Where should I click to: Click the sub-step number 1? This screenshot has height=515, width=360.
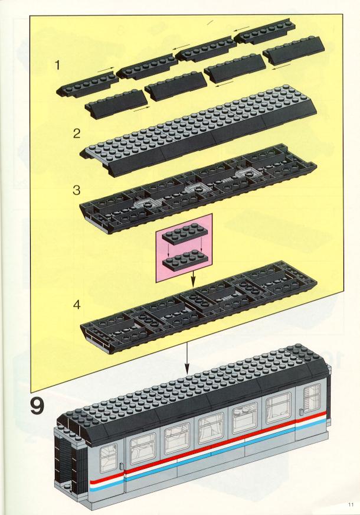pos(58,66)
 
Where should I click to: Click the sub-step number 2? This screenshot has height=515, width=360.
pos(77,133)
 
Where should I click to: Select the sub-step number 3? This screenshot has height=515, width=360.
pos(77,190)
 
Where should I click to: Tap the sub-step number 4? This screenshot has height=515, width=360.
pos(77,305)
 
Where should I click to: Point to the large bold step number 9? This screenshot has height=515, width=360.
pos(37,406)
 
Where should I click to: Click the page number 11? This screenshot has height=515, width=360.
pos(351,504)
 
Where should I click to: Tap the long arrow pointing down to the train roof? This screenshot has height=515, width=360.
pos(186,357)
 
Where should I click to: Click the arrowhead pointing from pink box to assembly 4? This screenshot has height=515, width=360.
pos(194,282)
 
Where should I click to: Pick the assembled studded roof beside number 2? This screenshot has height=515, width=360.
pos(198,131)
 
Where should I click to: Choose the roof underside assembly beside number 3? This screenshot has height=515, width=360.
pos(198,189)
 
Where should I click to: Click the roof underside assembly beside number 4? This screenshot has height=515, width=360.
pos(198,307)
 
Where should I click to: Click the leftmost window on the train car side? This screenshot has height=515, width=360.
pos(108,458)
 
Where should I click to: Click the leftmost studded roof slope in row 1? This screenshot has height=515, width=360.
pos(87,86)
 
